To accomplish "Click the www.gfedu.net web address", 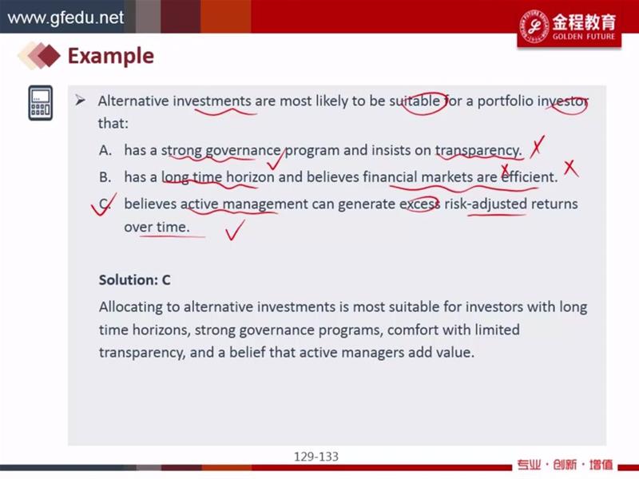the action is coord(65,18).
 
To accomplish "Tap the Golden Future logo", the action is coord(569,26).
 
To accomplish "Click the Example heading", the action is coord(111,56).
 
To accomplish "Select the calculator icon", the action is coord(41,103).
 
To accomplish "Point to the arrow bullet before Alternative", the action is coord(81,101).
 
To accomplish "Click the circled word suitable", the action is coord(415,101).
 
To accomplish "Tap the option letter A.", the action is coord(105,150).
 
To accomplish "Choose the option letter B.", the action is coord(105,177).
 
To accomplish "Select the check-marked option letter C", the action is coord(105,204).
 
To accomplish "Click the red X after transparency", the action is coord(537,148).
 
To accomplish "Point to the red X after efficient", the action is coord(570,168).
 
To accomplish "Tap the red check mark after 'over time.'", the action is coord(235,230).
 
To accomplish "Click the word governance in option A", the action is coord(243,151).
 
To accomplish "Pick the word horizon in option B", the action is coord(250,177).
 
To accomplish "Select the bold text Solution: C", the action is coord(134,280).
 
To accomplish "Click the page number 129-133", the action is coord(316,457).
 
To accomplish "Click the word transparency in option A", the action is coord(478,151).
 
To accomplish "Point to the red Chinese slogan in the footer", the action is coord(566,465).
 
